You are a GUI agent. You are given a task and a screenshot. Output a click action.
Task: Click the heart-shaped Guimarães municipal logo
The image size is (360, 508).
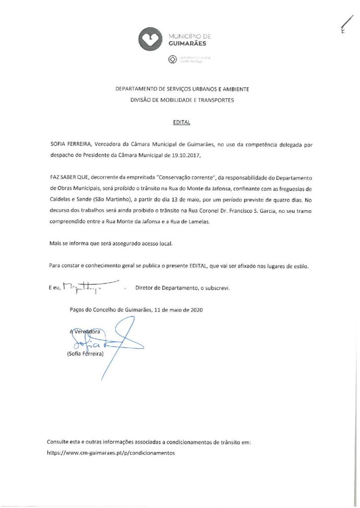tap(150, 38)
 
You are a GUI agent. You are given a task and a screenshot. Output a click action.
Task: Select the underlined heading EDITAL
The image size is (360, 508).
tap(179, 121)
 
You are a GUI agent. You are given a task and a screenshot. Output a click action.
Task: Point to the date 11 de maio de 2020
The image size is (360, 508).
tap(178, 310)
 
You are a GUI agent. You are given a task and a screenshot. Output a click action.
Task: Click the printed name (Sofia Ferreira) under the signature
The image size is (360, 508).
tap(84, 354)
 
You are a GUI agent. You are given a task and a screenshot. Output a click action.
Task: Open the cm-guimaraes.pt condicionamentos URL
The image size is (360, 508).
tap(111, 452)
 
